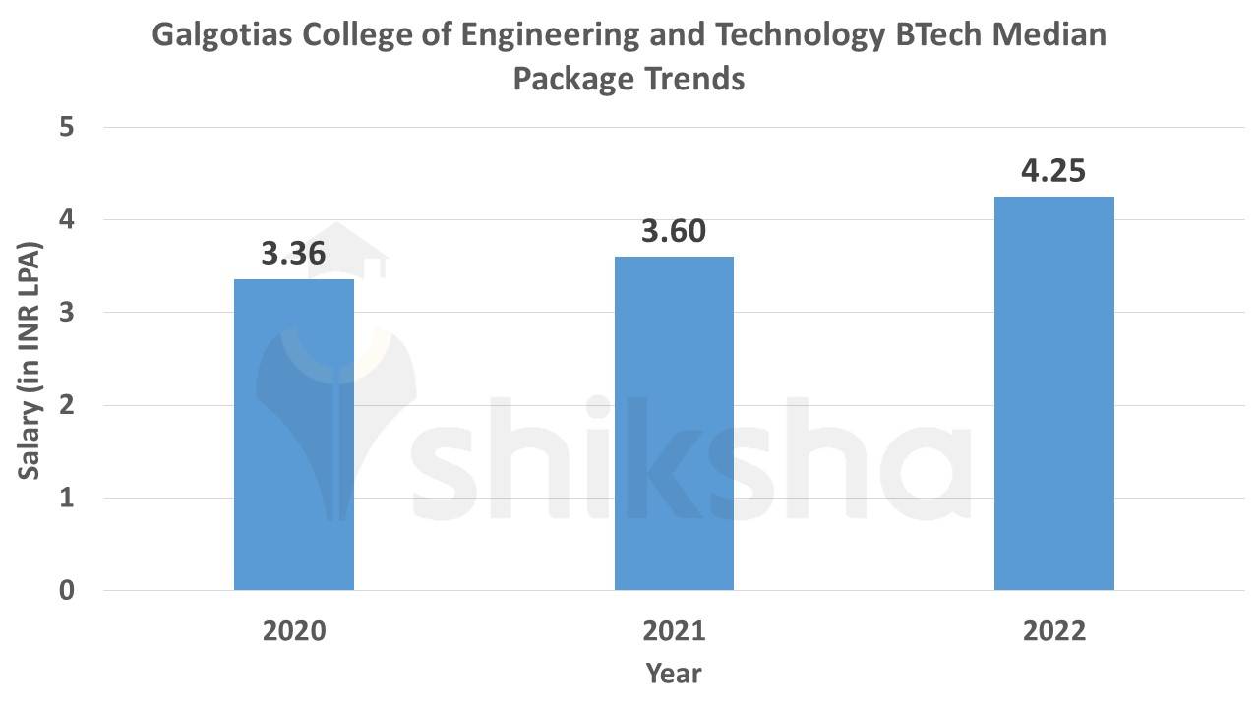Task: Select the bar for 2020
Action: (x=293, y=435)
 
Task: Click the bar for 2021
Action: (x=674, y=423)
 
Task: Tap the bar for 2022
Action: (x=1053, y=393)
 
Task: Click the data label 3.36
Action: (x=293, y=254)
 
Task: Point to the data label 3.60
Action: (x=674, y=231)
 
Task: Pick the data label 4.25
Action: (x=1053, y=171)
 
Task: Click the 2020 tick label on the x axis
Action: (x=293, y=630)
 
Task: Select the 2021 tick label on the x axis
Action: (x=674, y=630)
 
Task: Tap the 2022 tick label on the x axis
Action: (x=1053, y=630)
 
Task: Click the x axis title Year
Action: (x=674, y=674)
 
